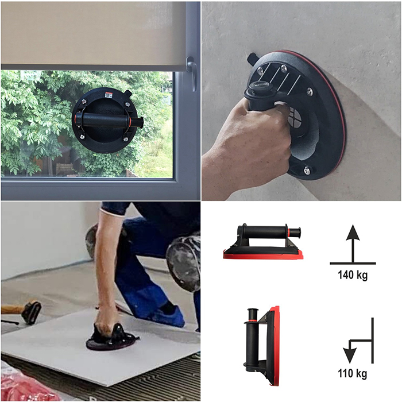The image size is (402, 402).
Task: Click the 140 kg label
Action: [x=353, y=275]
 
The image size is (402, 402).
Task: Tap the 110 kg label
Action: [x=352, y=373]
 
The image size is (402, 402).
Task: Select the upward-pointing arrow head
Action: [x=353, y=233]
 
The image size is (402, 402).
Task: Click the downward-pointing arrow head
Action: [x=350, y=355]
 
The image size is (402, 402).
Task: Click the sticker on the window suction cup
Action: [x=109, y=95]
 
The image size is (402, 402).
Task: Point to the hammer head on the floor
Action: [x=31, y=312]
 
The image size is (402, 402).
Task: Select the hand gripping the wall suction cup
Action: [x=246, y=144]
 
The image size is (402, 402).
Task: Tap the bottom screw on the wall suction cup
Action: [x=307, y=170]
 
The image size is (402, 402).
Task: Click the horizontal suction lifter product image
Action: [x=263, y=242]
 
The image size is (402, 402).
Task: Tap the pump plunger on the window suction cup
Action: [x=138, y=122]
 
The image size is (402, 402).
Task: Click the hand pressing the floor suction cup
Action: [x=106, y=326]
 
